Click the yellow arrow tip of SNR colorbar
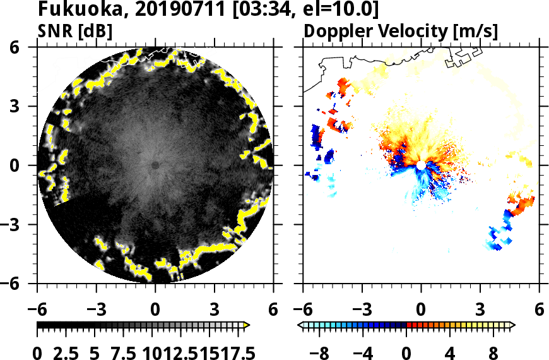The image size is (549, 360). pyautogui.click(x=247, y=325)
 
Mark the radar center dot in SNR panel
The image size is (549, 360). pyautogui.click(x=155, y=165)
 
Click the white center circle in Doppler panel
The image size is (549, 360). pyautogui.click(x=421, y=165)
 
